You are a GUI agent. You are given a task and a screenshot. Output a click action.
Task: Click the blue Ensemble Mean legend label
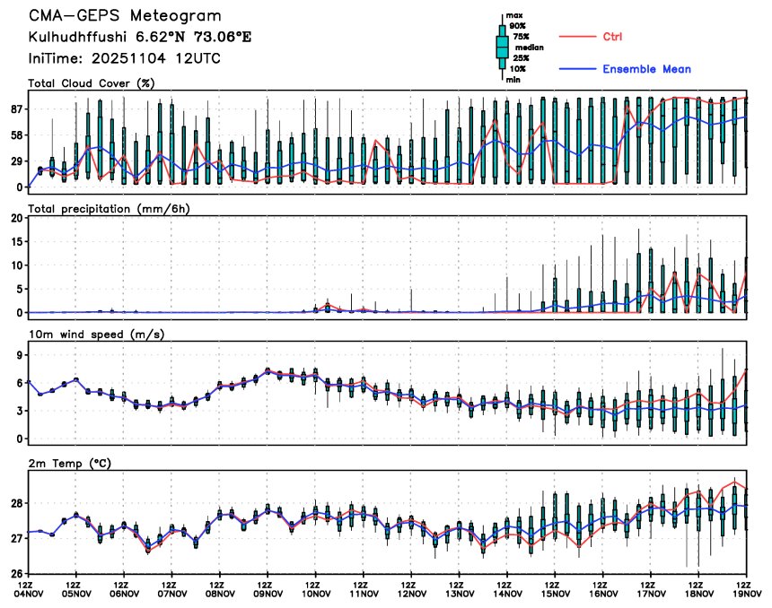646,69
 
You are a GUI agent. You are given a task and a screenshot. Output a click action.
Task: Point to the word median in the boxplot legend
530,48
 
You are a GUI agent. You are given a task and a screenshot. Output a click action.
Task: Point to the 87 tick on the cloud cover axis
15,109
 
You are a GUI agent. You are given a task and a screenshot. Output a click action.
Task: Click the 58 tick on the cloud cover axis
15,135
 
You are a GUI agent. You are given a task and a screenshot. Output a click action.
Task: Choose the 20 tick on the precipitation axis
15,218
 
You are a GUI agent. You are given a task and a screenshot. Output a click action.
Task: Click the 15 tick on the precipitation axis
15,242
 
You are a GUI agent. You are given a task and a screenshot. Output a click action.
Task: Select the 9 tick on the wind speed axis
19,355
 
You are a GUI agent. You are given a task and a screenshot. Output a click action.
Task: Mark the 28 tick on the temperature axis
15,504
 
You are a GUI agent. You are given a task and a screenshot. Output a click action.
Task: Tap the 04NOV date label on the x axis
30,593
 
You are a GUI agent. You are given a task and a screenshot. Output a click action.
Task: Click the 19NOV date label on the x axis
748,593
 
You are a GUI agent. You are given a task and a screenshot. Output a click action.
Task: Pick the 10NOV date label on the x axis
316,593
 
